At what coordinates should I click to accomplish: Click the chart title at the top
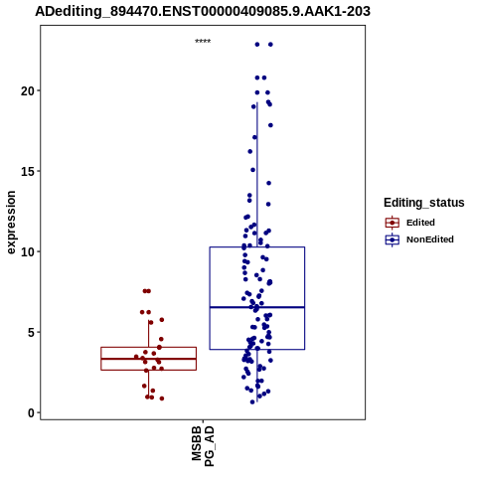pyautogui.click(x=203, y=12)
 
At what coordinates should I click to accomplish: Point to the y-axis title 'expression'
pyautogui.click(x=11, y=223)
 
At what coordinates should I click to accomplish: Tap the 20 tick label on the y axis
pyautogui.click(x=28, y=90)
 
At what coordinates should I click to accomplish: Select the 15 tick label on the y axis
pyautogui.click(x=28, y=171)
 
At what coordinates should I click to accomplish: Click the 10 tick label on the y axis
pyautogui.click(x=28, y=251)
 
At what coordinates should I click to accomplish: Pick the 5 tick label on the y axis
pyautogui.click(x=32, y=332)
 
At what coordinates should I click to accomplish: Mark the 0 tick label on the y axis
pyautogui.click(x=32, y=412)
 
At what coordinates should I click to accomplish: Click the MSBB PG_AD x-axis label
pyautogui.click(x=203, y=446)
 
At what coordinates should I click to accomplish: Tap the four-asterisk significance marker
pyautogui.click(x=203, y=42)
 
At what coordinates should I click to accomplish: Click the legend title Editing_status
pyautogui.click(x=424, y=203)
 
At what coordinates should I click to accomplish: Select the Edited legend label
pyautogui.click(x=420, y=223)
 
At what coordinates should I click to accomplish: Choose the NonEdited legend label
pyautogui.click(x=430, y=239)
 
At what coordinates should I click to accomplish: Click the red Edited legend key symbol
pyautogui.click(x=393, y=223)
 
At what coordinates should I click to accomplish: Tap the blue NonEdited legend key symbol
pyautogui.click(x=393, y=239)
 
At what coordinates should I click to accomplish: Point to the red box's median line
pyautogui.click(x=148, y=359)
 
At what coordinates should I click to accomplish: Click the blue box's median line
pyautogui.click(x=257, y=307)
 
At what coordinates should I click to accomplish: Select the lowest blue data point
pyautogui.click(x=252, y=401)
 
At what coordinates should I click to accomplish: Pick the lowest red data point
pyautogui.click(x=162, y=398)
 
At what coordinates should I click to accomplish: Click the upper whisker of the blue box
pyautogui.click(x=257, y=175)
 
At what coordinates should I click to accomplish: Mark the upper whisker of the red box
pyautogui.click(x=148, y=334)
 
